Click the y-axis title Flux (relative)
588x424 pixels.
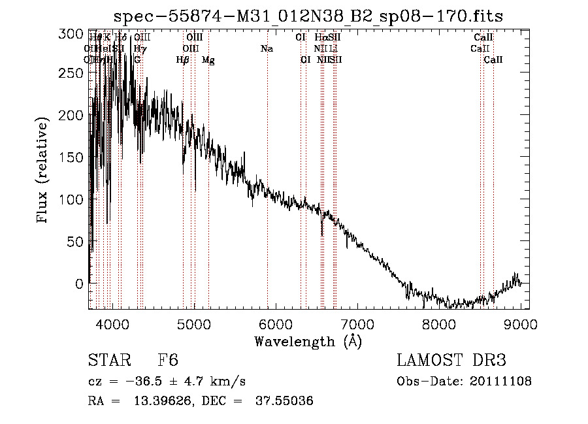pos(44,171)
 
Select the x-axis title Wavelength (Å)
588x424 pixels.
pos(308,341)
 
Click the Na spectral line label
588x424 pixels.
pos(267,49)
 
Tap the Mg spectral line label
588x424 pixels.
pos(208,60)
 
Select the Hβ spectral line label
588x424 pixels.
pos(183,60)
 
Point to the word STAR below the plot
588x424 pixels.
pos(108,361)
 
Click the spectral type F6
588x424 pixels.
pos(168,361)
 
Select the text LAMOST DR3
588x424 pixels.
pos(451,361)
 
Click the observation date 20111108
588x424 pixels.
pos(504,382)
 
